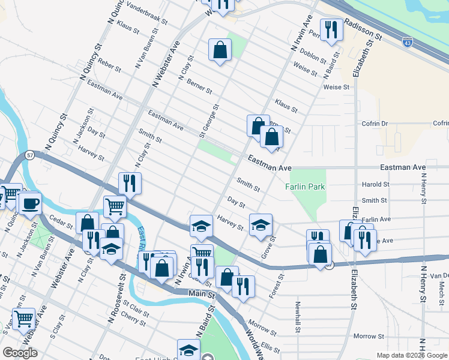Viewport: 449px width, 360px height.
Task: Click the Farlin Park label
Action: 305,187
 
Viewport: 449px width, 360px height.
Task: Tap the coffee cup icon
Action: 29,202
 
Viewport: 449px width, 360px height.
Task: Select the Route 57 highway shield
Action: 29,155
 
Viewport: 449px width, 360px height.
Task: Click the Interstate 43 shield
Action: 408,44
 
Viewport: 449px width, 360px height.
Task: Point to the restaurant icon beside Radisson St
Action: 331,29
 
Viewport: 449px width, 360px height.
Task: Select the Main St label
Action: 202,295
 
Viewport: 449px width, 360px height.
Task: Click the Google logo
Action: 20,353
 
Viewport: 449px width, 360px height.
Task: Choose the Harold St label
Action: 375,184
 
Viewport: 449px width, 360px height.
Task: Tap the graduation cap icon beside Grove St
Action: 261,225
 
